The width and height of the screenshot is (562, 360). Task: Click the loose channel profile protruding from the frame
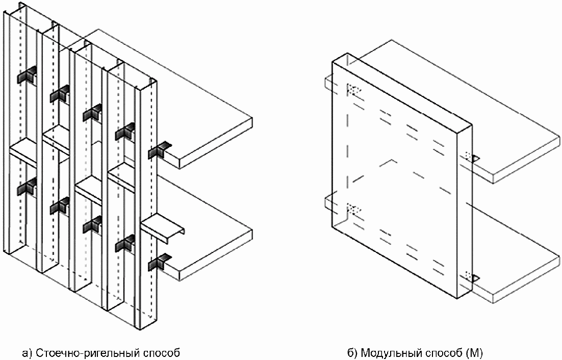[163, 229]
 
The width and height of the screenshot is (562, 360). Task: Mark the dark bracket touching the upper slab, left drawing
[160, 151]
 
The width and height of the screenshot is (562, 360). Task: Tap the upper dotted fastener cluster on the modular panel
[353, 90]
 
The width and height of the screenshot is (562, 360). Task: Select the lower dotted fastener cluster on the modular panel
[353, 210]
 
